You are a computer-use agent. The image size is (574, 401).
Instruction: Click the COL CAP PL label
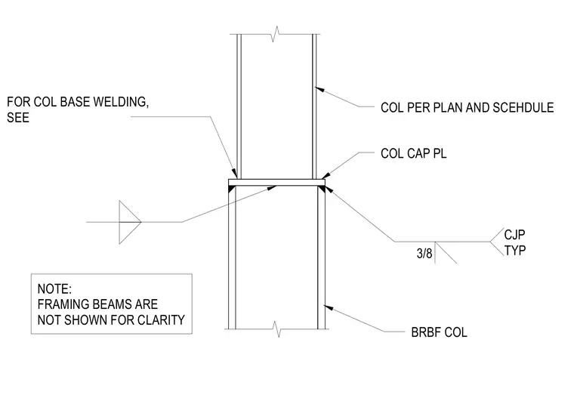pyautogui.click(x=413, y=153)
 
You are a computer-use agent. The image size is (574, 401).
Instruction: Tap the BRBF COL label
pyautogui.click(x=439, y=332)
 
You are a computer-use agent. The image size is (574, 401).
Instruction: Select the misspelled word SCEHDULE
pyautogui.click(x=523, y=107)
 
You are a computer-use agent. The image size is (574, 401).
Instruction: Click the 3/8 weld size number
pyautogui.click(x=424, y=253)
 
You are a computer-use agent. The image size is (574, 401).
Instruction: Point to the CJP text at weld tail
pyautogui.click(x=514, y=234)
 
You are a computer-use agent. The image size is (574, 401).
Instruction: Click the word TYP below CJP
pyautogui.click(x=514, y=251)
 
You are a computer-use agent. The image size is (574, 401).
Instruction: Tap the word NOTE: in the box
pyautogui.click(x=54, y=288)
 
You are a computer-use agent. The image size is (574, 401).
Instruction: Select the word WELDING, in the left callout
pyautogui.click(x=121, y=102)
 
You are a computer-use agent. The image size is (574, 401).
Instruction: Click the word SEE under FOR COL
pyautogui.click(x=18, y=118)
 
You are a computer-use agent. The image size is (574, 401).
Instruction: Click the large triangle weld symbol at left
pyautogui.click(x=130, y=222)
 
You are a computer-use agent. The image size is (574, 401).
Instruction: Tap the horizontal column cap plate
pyautogui.click(x=276, y=182)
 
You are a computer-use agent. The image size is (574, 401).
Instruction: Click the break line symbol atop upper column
pyautogui.click(x=275, y=35)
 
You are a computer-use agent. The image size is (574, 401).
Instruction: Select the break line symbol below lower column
pyautogui.click(x=276, y=329)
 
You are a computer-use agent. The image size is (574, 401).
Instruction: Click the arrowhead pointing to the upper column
pyautogui.click(x=319, y=89)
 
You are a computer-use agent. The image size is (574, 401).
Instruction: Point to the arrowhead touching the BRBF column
pyautogui.click(x=329, y=307)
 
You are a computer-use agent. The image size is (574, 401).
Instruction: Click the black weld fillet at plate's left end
pyautogui.click(x=231, y=189)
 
